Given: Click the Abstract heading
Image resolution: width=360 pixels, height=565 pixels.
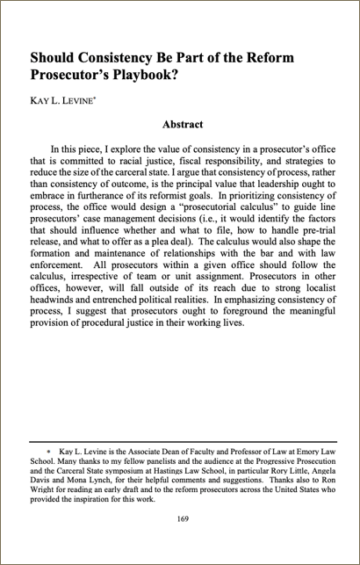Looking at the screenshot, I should [183, 125].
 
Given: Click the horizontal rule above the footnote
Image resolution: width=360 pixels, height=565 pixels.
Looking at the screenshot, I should [182, 442].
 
